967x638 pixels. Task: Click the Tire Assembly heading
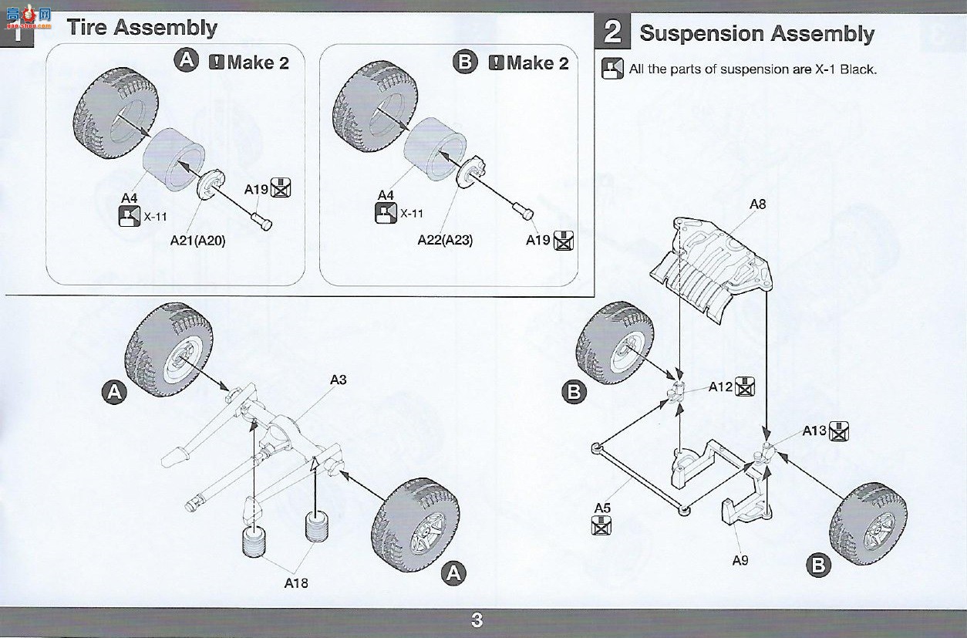coord(142,28)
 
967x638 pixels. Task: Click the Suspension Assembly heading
coord(756,34)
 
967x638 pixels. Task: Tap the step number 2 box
coord(612,31)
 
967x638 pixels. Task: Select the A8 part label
coord(757,204)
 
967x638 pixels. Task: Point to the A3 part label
coord(338,380)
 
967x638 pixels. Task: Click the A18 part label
coord(296,583)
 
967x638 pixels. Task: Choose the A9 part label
coord(740,560)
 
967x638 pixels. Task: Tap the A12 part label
coord(720,387)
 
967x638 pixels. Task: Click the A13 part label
coord(814,430)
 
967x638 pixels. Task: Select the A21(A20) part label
coord(197,241)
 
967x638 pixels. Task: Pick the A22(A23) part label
coord(445,240)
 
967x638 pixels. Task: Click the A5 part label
coord(602,508)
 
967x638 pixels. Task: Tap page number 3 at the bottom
coord(477,620)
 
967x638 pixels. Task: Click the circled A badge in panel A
coord(187,60)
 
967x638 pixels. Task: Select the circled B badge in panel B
coord(465,62)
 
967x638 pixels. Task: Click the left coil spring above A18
coord(254,542)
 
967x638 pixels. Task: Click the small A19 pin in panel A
coord(261,221)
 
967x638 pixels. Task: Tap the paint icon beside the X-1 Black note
coord(612,68)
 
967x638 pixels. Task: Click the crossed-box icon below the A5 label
coord(601,525)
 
